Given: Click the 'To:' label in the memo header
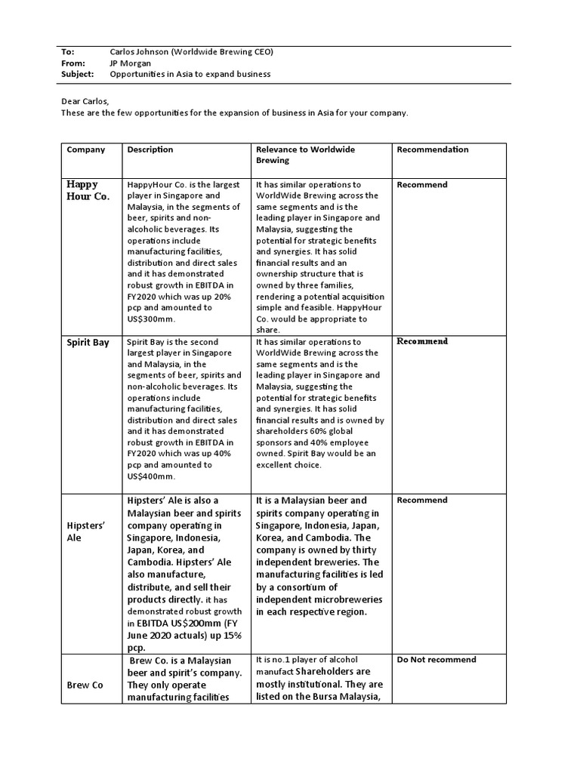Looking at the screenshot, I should (67, 51).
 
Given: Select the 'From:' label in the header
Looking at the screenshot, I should (72, 63).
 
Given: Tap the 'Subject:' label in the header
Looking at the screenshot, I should (77, 74).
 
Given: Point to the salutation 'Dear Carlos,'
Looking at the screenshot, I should (85, 101).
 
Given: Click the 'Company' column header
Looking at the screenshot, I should (85, 149).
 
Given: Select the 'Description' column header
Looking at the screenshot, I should (150, 149).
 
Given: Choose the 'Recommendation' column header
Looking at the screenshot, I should (432, 149).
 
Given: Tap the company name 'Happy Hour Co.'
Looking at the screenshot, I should (88, 190).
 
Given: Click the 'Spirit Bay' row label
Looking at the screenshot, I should (88, 342).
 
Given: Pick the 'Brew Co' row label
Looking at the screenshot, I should (85, 685).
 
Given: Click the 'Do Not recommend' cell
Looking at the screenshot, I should (436, 659).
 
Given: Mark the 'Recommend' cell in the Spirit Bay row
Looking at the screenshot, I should (422, 341).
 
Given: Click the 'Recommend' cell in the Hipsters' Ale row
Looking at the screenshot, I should (421, 500).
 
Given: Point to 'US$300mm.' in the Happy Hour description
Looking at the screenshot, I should (151, 319).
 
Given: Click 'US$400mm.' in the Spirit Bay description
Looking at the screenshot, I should (151, 476).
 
